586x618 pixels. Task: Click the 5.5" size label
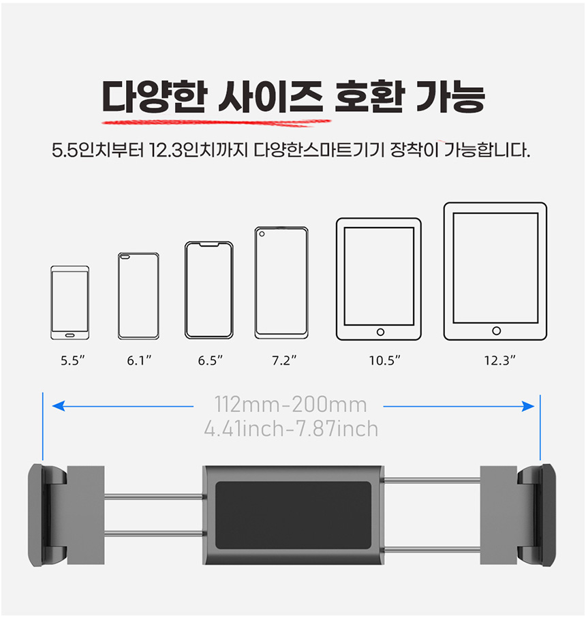[72, 360]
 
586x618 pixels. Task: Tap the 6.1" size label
[139, 360]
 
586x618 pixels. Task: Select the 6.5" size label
[210, 360]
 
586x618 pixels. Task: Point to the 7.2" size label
[283, 360]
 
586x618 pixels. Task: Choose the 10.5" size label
[384, 360]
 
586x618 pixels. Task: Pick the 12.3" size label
[499, 360]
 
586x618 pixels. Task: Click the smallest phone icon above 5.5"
[70, 303]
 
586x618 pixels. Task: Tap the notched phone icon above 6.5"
[209, 290]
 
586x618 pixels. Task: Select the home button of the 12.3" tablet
[497, 330]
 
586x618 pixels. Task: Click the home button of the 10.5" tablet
[380, 332]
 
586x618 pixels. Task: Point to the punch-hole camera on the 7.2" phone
[262, 234]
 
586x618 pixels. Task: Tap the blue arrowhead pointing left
[59, 406]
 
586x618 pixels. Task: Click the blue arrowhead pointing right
[528, 406]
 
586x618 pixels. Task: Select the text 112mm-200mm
[290, 404]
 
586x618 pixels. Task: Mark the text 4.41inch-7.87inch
[291, 429]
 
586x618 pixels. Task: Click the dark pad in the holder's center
[293, 515]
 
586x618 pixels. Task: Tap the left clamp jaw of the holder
[46, 515]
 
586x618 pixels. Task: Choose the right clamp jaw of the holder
[537, 515]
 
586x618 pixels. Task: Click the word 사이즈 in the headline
[271, 97]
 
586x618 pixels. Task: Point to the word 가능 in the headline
[450, 97]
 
